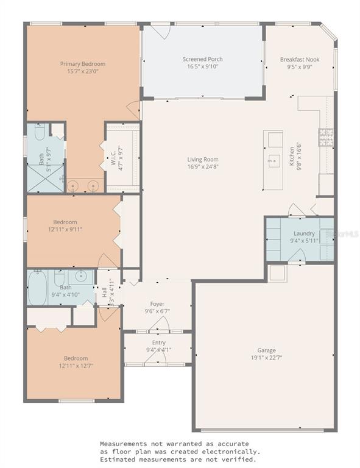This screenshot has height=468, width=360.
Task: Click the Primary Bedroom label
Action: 83,64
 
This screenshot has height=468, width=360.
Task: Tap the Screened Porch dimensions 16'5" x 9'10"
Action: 202,66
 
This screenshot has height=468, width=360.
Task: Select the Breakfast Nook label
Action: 300,59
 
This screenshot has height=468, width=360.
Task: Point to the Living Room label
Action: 203,160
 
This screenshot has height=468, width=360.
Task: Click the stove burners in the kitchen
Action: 326,137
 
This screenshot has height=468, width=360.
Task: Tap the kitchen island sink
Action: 274,161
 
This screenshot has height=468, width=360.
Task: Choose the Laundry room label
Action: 304,233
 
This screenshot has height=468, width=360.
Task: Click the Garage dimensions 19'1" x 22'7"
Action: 266,358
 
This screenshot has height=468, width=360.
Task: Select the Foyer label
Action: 157,304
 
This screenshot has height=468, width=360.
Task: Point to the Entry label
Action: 158,342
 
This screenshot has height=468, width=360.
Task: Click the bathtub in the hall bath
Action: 38,288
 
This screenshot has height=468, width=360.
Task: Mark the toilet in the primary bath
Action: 40,132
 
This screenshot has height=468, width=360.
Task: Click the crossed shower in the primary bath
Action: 46,179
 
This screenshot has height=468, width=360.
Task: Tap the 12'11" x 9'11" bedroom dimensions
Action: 65,229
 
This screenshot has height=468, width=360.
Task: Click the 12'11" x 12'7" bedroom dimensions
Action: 76,366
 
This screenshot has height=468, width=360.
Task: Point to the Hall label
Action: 104,292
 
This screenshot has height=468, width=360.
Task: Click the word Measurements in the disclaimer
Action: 123,444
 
